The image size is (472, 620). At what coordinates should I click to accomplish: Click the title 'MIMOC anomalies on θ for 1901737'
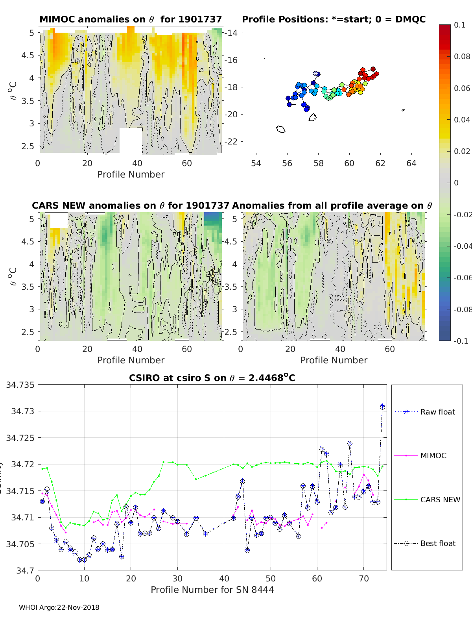(x=131, y=19)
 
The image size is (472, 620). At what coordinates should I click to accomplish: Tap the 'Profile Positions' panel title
(x=334, y=19)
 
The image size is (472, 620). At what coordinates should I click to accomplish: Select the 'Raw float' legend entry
(x=437, y=412)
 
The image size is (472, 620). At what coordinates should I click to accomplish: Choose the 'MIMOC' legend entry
(x=433, y=455)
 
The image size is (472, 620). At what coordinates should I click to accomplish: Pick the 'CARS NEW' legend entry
(x=440, y=500)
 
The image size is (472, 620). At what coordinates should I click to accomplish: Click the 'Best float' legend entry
(x=438, y=543)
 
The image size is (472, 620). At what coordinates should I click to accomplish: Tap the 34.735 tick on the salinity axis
(x=20, y=385)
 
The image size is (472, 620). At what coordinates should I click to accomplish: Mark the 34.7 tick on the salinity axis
(x=26, y=570)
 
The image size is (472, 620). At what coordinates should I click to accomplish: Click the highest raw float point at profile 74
(x=382, y=406)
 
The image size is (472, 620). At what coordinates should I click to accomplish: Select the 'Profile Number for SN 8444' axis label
(x=212, y=589)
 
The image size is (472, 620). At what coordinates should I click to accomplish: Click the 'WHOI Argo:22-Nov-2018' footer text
(x=59, y=607)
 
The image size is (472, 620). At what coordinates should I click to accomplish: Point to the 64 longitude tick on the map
(x=411, y=163)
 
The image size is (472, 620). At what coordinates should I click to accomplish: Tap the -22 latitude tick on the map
(x=231, y=141)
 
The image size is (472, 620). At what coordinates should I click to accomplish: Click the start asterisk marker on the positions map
(x=316, y=74)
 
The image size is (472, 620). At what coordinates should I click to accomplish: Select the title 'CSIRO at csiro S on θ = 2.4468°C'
(x=212, y=378)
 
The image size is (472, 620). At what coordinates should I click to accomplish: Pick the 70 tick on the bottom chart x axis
(x=364, y=578)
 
